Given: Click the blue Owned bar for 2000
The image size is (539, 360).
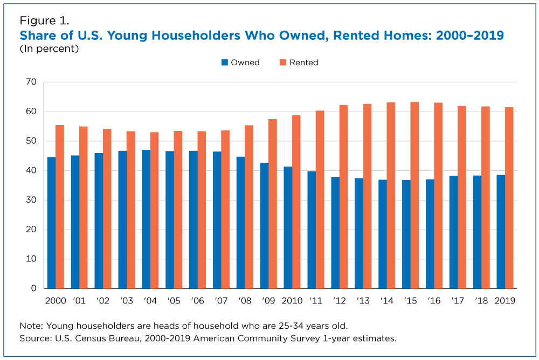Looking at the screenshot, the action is (52, 223).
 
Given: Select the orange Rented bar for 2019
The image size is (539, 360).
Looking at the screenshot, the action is (509, 198).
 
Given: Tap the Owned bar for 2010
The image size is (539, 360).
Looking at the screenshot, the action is (288, 227).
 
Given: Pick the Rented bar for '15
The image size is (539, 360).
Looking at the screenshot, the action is (414, 195).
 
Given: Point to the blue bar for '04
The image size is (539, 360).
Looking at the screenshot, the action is (146, 219).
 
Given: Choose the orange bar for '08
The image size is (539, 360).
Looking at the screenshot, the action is (249, 207).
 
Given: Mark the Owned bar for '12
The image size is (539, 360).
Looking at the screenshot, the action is (335, 232).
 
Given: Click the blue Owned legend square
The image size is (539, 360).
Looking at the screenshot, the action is (225, 63).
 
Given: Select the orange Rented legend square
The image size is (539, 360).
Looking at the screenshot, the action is (283, 63).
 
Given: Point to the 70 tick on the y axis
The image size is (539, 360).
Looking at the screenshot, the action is (31, 82).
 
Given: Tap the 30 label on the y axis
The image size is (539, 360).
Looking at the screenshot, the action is (31, 200).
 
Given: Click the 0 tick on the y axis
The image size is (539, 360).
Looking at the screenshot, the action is (33, 288).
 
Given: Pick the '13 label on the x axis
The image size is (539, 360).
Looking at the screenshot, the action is (363, 301).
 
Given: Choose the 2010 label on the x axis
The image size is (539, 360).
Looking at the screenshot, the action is (292, 301).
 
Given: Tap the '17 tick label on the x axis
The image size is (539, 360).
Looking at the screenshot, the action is (458, 301).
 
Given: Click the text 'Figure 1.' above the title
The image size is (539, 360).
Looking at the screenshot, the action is (44, 21).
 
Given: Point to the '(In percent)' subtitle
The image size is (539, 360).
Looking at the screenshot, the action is (49, 49).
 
